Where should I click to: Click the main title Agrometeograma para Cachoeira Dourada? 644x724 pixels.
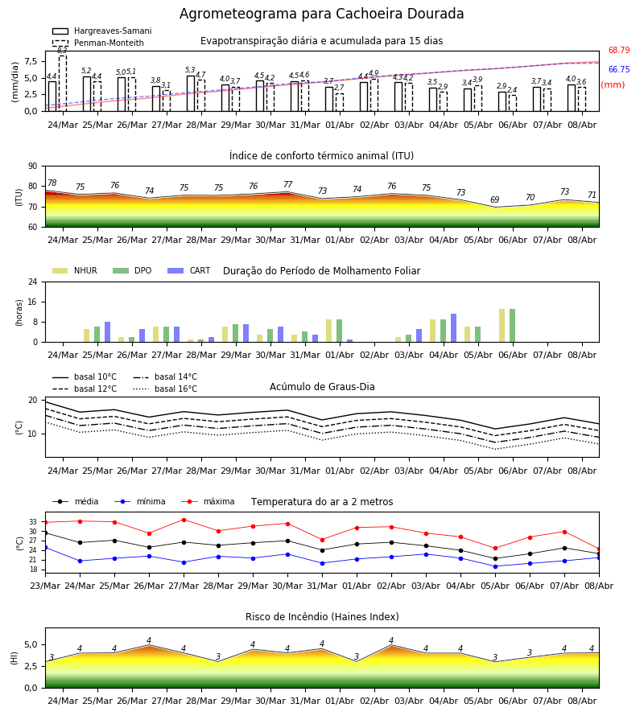[321, 14]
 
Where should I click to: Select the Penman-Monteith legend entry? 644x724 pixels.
[98, 43]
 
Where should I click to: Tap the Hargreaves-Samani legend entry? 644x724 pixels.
[102, 31]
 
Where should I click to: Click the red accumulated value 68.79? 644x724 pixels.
[619, 51]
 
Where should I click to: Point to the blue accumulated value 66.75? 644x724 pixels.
[619, 70]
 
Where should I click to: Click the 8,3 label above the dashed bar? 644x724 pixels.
[62, 51]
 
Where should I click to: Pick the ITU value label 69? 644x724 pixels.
[495, 200]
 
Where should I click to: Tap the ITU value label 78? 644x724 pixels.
[52, 183]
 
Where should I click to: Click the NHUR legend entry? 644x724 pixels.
[75, 270]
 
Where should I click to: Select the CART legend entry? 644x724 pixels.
[189, 270]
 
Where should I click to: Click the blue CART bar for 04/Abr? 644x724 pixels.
[454, 328]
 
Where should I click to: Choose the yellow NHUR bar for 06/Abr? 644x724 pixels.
[502, 326]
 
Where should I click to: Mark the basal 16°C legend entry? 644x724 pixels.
[165, 389]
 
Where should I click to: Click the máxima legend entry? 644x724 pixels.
[208, 501]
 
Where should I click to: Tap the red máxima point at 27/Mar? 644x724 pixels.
[184, 520]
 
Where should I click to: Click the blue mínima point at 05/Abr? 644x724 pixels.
[495, 566]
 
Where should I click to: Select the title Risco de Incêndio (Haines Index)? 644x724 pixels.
[322, 617]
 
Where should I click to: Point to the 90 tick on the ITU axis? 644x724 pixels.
[33, 167]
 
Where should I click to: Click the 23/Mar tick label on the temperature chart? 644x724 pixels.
[45, 586]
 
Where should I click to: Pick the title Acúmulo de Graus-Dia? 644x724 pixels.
[322, 387]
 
